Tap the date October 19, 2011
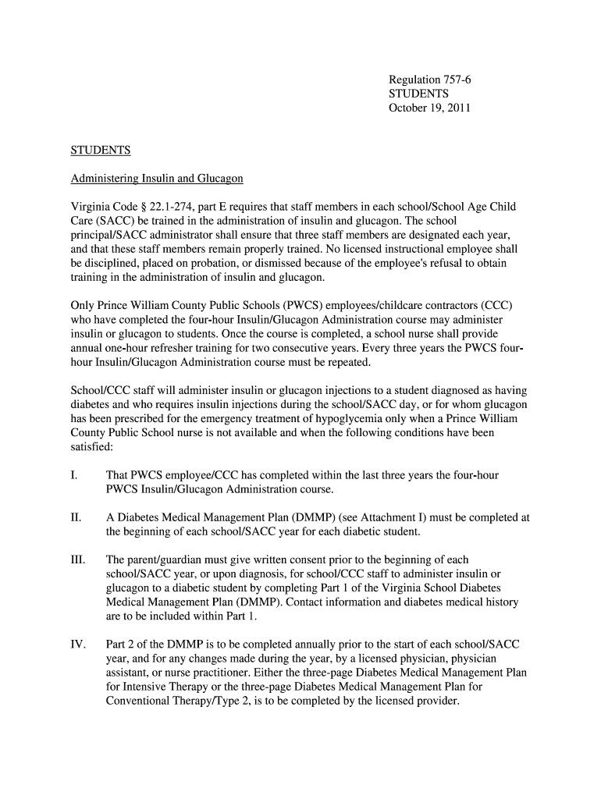click(429, 108)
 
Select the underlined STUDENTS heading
click(101, 151)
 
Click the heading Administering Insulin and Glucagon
click(157, 179)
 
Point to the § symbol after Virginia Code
click(138, 207)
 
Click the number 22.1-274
click(168, 207)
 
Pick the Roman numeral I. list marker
click(73, 475)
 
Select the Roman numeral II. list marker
click(76, 517)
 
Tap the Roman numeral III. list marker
click(78, 559)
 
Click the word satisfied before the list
click(91, 448)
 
